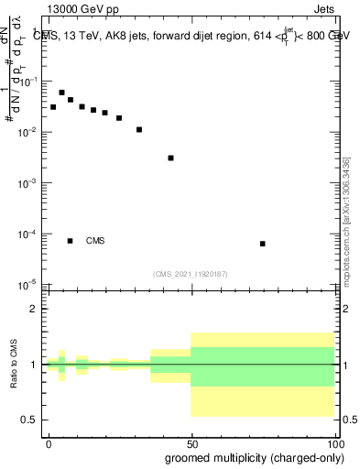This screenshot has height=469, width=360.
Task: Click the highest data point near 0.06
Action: pos(61,93)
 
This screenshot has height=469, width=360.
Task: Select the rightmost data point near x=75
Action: pos(263,244)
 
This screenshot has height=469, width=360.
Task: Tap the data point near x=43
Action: pos(171,158)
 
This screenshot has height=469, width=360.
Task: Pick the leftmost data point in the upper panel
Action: pos(53,107)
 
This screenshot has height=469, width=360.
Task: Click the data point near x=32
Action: pos(139,129)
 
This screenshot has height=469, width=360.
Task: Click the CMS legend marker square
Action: pos(70,241)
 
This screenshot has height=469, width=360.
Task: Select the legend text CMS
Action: pos(95,241)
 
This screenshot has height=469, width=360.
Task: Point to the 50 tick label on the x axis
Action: pos(191,442)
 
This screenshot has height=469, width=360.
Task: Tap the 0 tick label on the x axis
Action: pos(49,442)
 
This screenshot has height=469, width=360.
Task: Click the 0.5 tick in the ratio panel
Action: pos(30,420)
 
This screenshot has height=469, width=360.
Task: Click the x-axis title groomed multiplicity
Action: pos(250,457)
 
